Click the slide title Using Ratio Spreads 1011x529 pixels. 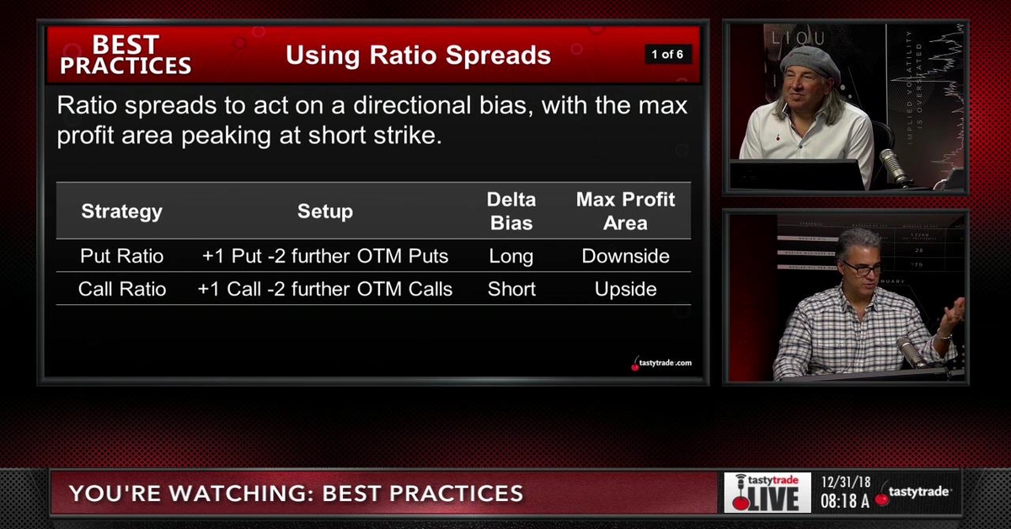[x=418, y=56]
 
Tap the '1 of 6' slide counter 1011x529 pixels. [x=666, y=55]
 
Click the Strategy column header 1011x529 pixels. [x=121, y=211]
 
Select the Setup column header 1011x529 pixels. [x=325, y=211]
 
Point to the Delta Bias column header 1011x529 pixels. [x=511, y=211]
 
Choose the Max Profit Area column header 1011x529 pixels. [x=625, y=211]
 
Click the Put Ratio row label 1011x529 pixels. [x=121, y=256]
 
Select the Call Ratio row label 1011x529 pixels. [x=121, y=289]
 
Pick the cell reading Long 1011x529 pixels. [x=511, y=256]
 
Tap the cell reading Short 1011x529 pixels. [x=511, y=289]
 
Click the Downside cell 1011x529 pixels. [x=625, y=256]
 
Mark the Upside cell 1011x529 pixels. [x=625, y=289]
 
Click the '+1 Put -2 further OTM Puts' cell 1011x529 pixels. [x=325, y=256]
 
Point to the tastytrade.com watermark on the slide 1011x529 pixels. [x=662, y=363]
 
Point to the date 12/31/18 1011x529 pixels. [x=846, y=483]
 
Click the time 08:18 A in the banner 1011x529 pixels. [x=846, y=501]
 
